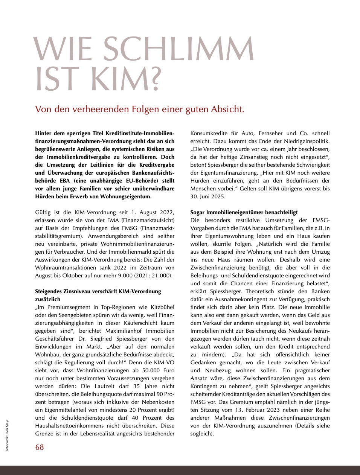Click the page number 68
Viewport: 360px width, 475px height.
point(40,447)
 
